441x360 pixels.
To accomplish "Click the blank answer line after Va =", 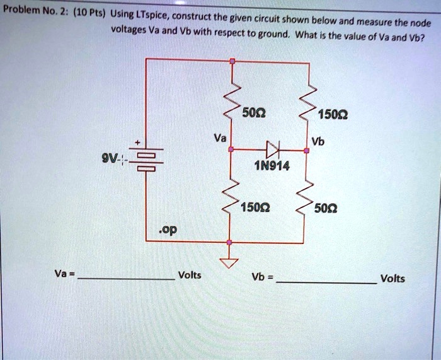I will click(x=126, y=277).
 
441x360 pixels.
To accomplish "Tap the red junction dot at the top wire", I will click(x=232, y=61).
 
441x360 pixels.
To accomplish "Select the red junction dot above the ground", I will click(x=230, y=242).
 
